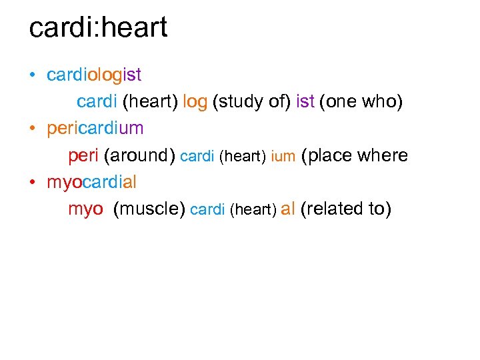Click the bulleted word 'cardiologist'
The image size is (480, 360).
94,75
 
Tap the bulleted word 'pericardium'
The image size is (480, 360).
95,128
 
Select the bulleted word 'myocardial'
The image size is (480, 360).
91,181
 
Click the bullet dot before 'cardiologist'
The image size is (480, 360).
33,75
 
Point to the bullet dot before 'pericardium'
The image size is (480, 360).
33,129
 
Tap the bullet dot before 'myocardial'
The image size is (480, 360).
33,182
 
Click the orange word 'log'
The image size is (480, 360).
195,101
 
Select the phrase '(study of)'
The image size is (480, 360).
250,101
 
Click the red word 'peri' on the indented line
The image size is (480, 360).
83,155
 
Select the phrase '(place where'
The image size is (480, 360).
355,155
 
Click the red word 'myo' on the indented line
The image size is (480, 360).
85,209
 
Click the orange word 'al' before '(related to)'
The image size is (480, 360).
288,209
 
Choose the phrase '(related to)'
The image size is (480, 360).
346,209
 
